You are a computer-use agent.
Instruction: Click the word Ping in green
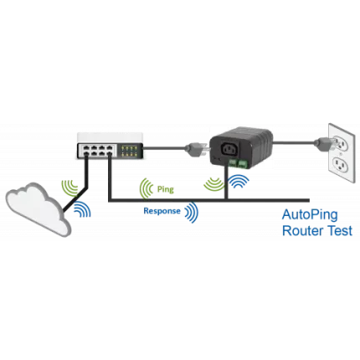pos(165,189)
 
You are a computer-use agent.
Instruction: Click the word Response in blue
pos(162,211)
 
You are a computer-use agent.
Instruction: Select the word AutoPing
pos(310,215)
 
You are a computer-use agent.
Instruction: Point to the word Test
pos(340,231)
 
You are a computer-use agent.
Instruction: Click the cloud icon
pos(38,208)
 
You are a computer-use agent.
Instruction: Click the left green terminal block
pos(233,163)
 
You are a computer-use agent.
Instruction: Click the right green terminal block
pos(244,164)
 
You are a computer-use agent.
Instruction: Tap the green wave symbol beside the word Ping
pos(146,189)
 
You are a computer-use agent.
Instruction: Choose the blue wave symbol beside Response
pos(192,212)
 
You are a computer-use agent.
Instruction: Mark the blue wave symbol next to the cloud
pos(82,209)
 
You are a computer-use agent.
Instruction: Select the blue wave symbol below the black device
pos(239,181)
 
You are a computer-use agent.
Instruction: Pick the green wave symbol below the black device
pos(214,184)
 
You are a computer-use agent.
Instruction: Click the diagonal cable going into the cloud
pos(75,199)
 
